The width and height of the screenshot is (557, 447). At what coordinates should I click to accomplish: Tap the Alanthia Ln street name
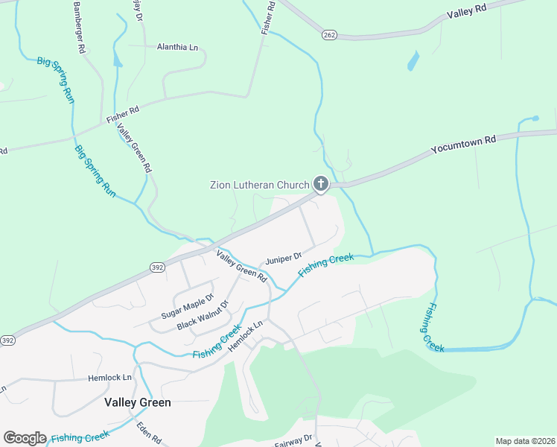point(178,47)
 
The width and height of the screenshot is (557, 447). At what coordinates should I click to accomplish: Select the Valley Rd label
point(466,10)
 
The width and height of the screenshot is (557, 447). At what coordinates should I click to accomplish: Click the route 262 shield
point(330,34)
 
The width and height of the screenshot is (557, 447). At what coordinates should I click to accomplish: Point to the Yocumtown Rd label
point(463,145)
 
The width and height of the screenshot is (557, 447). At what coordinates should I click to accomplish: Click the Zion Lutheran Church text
point(258,185)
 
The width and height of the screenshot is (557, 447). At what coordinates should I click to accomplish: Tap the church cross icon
point(321,183)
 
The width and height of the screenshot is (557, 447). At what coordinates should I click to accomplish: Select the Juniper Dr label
point(284,259)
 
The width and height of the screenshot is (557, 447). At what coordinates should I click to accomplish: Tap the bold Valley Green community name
point(137,402)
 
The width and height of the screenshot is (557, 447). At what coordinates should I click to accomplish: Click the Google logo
point(25,438)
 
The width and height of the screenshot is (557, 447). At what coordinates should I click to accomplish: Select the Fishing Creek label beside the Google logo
point(80,438)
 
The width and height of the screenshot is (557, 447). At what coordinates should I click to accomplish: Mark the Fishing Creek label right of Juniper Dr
point(325,266)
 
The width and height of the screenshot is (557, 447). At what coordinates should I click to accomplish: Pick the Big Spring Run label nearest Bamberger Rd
point(56,80)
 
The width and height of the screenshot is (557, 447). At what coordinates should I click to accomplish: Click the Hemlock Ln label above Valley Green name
point(109,378)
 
